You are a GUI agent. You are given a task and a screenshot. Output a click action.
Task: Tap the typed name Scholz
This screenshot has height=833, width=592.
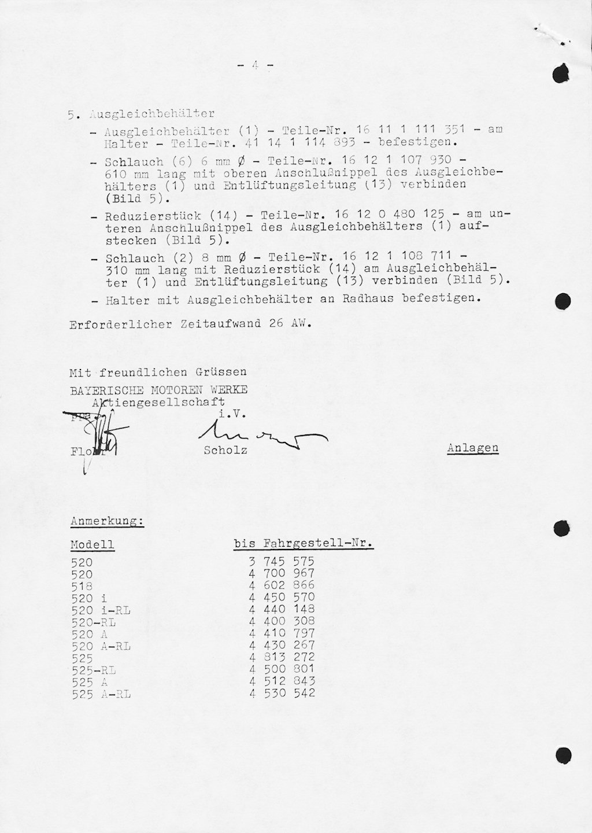[x=225, y=450]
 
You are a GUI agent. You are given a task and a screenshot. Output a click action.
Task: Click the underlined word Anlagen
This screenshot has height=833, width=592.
[x=472, y=448]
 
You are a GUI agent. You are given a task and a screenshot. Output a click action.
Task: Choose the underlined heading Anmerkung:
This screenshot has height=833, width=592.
[x=107, y=521]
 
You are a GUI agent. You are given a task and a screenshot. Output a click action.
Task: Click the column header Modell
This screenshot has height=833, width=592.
[x=92, y=544]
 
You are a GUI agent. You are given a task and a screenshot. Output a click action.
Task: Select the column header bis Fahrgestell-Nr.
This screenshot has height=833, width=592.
[x=303, y=544]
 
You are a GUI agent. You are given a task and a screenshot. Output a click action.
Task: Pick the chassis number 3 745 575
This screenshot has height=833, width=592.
[x=282, y=561]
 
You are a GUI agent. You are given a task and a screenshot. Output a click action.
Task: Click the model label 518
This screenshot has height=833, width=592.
[x=82, y=585]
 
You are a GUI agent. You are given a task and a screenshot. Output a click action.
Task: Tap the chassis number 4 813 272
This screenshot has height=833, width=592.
[x=282, y=657]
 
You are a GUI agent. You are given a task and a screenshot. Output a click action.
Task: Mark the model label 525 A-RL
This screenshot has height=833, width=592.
[x=101, y=694]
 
